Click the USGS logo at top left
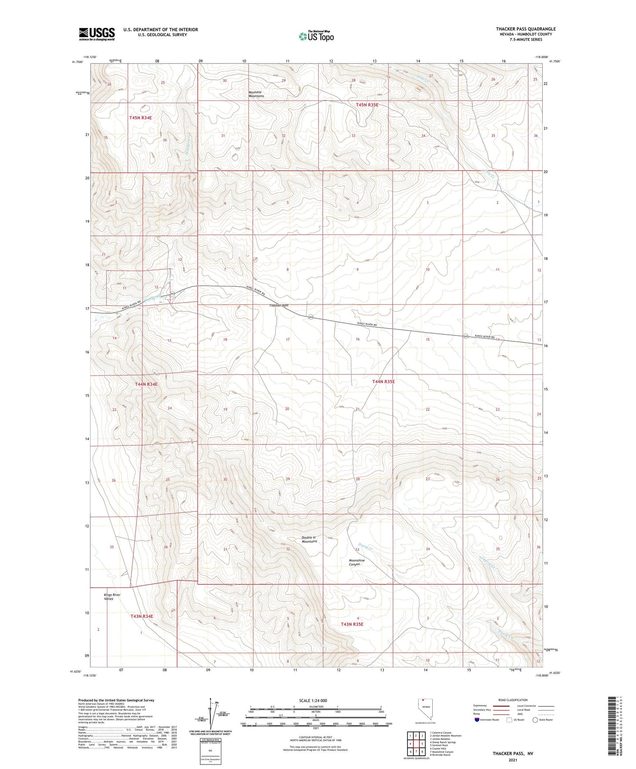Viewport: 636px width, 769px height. click(96, 34)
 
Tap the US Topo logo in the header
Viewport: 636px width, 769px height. click(316, 36)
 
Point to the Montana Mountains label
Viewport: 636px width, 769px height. click(256, 94)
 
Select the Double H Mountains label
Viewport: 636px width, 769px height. click(309, 539)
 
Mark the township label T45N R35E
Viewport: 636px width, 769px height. click(367, 105)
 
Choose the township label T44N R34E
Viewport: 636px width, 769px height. click(146, 384)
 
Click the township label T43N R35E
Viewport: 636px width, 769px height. click(352, 624)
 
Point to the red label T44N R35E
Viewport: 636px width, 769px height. click(383, 381)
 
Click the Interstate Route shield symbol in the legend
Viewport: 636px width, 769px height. click(478, 720)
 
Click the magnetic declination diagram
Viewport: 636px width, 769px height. click(213, 714)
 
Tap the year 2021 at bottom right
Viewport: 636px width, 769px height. click(513, 760)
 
